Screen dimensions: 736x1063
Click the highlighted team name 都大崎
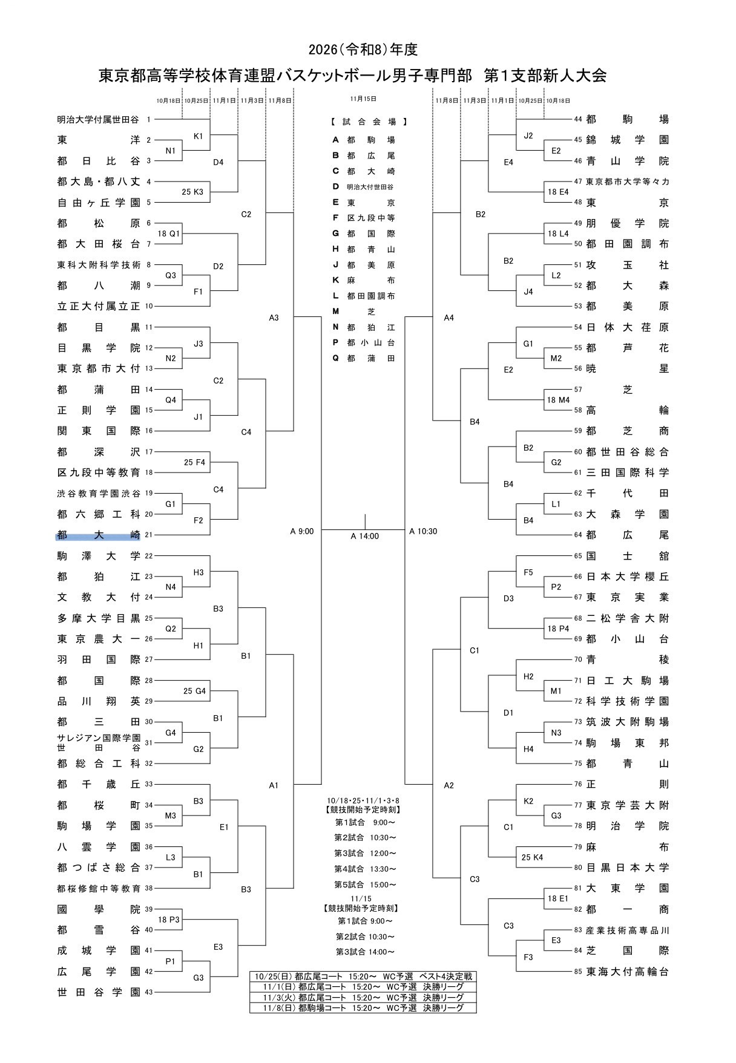tap(99, 535)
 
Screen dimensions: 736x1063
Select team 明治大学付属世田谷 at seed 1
tap(99, 120)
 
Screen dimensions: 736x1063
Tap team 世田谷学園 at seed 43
tap(99, 992)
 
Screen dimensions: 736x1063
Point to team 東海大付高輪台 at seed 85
tap(628, 971)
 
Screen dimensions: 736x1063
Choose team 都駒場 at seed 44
tap(628, 120)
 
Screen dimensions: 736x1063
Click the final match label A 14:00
tap(365, 536)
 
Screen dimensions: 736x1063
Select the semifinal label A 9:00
tap(302, 531)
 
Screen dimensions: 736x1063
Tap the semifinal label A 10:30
tap(423, 531)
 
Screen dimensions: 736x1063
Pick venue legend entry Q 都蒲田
tap(364, 358)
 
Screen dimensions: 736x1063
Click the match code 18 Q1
tap(169, 234)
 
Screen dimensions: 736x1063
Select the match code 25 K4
tap(532, 857)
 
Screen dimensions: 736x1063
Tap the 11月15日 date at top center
tap(363, 99)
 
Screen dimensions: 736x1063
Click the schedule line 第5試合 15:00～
tap(366, 885)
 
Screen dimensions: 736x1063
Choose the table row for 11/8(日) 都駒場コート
tap(363, 1008)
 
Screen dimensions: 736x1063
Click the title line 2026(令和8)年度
tap(363, 50)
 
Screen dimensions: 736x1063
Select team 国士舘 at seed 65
tap(628, 555)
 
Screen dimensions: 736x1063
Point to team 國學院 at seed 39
tap(99, 909)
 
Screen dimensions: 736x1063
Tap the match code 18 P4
tap(558, 629)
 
